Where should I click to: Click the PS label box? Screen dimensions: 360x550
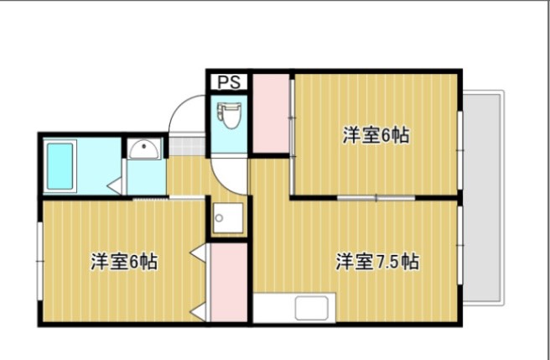pyautogui.click(x=228, y=82)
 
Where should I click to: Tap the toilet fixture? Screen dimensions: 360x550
pyautogui.click(x=228, y=115)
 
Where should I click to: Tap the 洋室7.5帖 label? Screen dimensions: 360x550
pyautogui.click(x=377, y=261)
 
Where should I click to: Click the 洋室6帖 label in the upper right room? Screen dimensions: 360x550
pyautogui.click(x=376, y=135)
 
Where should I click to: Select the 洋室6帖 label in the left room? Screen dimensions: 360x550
pyautogui.click(x=124, y=261)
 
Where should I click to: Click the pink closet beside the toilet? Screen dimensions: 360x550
pyautogui.click(x=270, y=114)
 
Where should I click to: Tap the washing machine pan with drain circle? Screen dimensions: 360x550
pyautogui.click(x=227, y=219)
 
